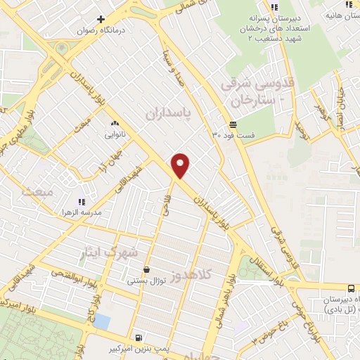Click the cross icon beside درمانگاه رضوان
tap(101, 19)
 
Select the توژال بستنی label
tap(146, 281)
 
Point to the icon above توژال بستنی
tap(146, 269)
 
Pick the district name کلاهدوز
tap(211, 278)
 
